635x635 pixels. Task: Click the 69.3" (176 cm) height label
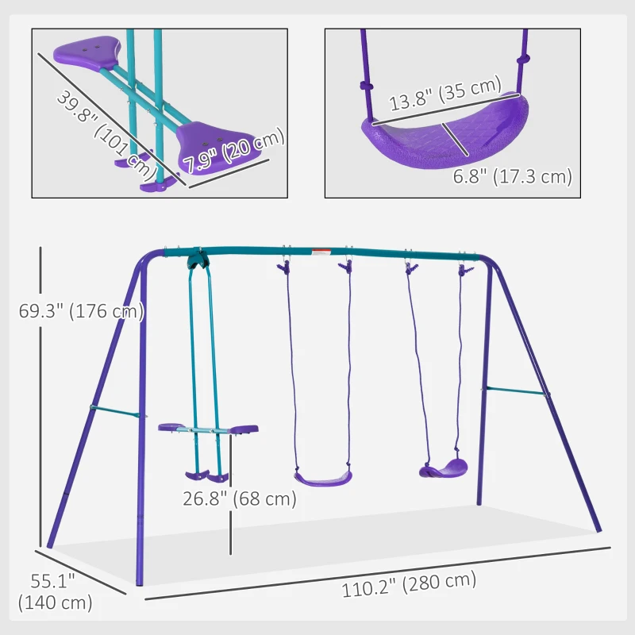click(x=81, y=311)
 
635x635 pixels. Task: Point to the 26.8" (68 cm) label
click(x=237, y=498)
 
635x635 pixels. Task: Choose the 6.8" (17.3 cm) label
click(x=512, y=176)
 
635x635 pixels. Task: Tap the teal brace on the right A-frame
click(x=516, y=390)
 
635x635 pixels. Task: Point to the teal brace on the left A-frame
click(x=117, y=410)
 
